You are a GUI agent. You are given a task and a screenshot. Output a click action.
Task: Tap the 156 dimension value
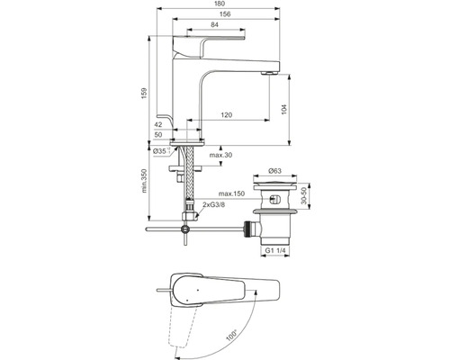tap(225, 14)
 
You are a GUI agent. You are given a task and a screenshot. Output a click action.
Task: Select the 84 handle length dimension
tap(214, 25)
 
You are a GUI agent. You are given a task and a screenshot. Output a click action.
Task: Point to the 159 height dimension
tap(144, 94)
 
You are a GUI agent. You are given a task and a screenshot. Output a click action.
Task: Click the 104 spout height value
tap(284, 109)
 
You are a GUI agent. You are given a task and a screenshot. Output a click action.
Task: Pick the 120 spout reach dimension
tap(227, 115)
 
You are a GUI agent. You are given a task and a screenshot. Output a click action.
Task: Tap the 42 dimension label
tap(158, 124)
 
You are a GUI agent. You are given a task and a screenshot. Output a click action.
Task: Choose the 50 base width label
tap(158, 135)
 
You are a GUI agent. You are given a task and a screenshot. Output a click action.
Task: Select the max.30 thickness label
tap(220, 155)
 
